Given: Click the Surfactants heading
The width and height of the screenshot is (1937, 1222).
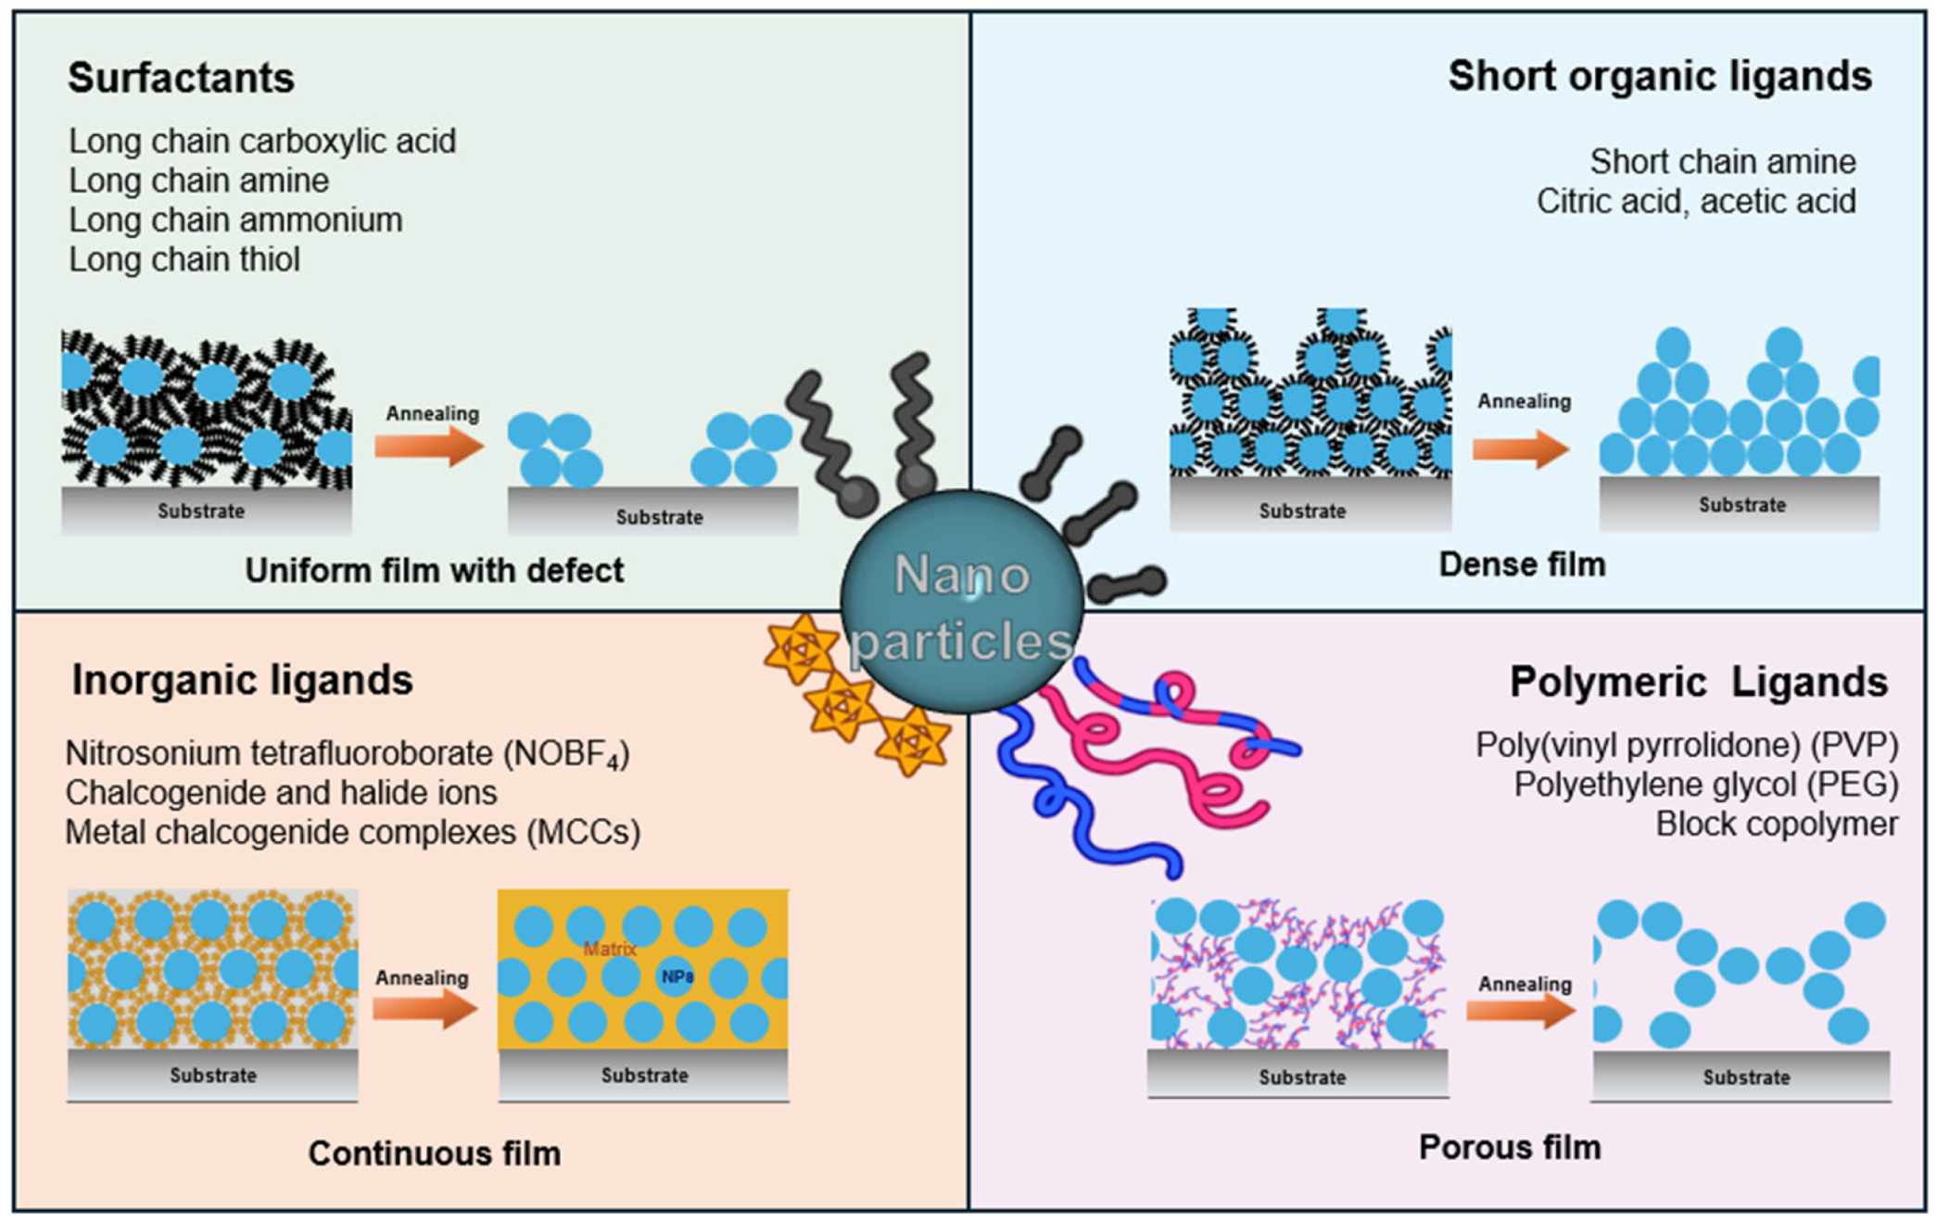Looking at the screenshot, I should (x=181, y=78).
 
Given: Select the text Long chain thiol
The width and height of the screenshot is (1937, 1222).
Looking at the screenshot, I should (x=184, y=259).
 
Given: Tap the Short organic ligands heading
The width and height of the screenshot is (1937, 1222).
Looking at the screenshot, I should (x=1659, y=76).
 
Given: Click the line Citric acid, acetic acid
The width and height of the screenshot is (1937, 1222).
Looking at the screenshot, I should (x=1695, y=201).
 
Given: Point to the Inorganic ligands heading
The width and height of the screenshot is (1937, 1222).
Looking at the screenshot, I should (x=242, y=680).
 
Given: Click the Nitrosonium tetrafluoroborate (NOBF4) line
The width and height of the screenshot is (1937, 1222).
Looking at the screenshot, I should (x=347, y=753).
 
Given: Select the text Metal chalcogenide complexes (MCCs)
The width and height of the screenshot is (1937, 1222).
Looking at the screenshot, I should (x=352, y=832).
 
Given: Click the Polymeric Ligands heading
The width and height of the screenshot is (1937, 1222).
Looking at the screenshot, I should (x=1698, y=682).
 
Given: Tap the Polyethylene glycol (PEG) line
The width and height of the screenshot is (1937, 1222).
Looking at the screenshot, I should (x=1705, y=785).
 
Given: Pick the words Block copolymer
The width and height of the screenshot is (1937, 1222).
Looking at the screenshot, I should (x=1776, y=824).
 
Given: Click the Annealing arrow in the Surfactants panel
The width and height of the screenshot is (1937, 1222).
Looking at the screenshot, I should (x=429, y=446).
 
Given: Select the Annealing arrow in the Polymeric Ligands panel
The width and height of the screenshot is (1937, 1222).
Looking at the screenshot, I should (x=1521, y=1010).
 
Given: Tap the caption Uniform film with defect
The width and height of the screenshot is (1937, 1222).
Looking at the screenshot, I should (x=434, y=571).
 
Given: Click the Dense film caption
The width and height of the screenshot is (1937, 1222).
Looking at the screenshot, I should (x=1521, y=564).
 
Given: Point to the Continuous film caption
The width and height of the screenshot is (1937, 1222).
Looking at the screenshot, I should (x=434, y=1153).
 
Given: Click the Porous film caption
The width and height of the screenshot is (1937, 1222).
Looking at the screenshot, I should (x=1509, y=1148).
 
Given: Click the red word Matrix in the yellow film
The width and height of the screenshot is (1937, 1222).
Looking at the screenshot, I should (x=609, y=949).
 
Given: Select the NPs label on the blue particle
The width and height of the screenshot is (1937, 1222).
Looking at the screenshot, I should (x=677, y=976).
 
